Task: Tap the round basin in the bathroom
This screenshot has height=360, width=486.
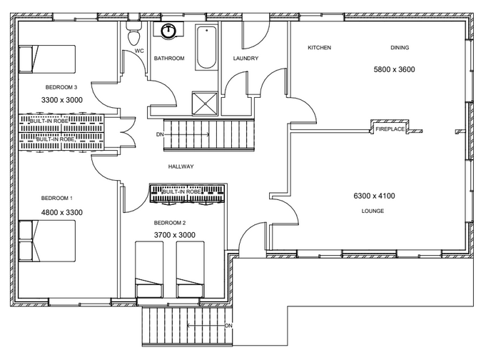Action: (168, 31)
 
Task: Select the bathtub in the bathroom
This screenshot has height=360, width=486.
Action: (206, 47)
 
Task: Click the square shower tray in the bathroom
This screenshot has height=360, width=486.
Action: (205, 103)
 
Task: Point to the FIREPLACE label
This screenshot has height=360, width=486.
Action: (390, 129)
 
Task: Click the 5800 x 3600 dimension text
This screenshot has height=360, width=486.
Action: (394, 69)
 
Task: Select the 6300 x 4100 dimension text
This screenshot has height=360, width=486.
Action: (374, 196)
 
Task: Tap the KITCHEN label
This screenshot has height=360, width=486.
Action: (319, 47)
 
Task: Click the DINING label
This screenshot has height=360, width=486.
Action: (400, 47)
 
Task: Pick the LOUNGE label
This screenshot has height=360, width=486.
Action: (373, 211)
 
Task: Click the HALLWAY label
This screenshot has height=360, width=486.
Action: (181, 166)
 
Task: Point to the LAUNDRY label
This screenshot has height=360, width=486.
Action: (245, 59)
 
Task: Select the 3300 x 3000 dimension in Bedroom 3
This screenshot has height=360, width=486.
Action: (62, 100)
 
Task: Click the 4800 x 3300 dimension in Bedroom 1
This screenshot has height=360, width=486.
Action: (62, 212)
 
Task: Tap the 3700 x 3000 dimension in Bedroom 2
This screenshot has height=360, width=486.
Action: (175, 235)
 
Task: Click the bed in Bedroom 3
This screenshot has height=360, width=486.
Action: (47, 59)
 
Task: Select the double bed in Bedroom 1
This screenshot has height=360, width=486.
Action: (47, 241)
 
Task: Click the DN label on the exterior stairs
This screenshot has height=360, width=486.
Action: (228, 326)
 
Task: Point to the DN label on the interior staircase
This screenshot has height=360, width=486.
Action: (160, 134)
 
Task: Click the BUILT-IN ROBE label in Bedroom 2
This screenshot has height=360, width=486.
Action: (182, 192)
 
